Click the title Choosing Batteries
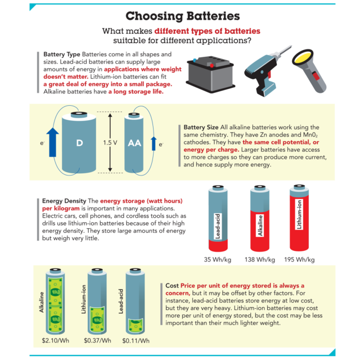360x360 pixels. click(182, 16)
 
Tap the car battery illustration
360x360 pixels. click(210, 74)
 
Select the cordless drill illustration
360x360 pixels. click(268, 71)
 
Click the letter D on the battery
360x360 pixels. click(79, 143)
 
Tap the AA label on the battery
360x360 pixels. click(134, 143)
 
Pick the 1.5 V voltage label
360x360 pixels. click(110, 143)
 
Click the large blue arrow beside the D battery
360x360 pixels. click(52, 142)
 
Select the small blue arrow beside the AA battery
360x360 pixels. click(154, 143)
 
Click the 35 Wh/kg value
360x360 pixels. click(218, 260)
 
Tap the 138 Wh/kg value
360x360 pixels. click(260, 260)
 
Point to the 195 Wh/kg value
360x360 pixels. click(299, 260)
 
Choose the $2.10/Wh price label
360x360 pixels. click(55, 340)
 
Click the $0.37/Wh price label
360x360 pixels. click(97, 340)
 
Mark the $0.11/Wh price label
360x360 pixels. click(136, 341)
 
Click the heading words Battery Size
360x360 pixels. click(201, 128)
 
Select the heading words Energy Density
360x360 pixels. click(64, 201)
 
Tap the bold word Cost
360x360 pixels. click(172, 286)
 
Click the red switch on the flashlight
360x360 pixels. click(316, 75)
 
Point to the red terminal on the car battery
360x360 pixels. click(211, 66)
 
